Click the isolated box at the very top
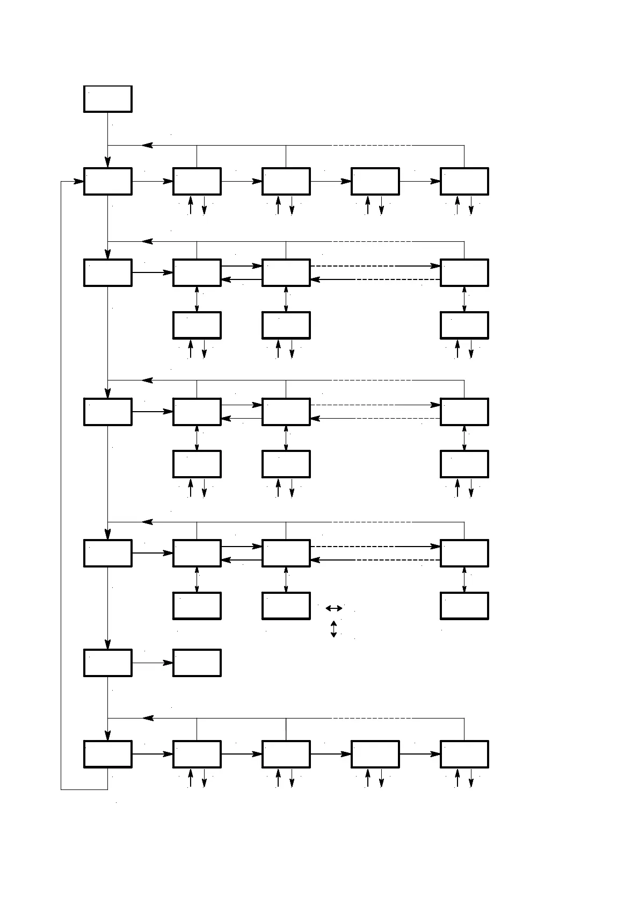coord(107,99)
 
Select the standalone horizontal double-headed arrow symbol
coord(333,608)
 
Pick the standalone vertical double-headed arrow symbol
coord(333,629)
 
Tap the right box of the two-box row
coord(197,663)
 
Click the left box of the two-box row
coord(107,663)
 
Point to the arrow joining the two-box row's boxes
coord(153,663)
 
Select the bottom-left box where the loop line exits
coord(107,754)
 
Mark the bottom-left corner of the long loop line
coord(61,789)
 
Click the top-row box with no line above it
coord(375,181)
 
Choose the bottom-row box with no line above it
coord(375,754)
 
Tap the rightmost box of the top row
coord(464,181)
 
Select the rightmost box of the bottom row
coord(464,754)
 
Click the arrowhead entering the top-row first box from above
coord(108,162)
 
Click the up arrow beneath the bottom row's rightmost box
coord(457,777)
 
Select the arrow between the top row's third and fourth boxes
coord(330,181)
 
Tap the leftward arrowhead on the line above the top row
coord(147,145)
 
